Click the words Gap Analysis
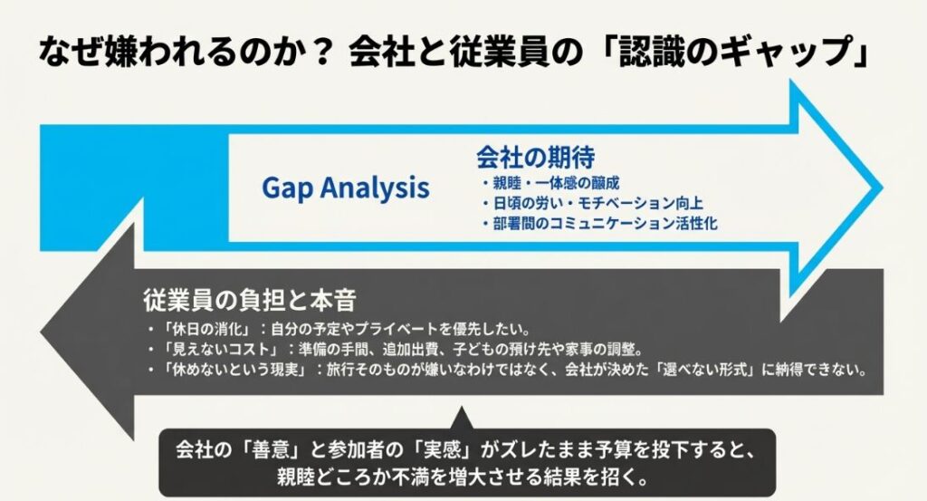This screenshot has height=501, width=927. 345,188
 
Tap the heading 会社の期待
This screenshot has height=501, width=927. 535,157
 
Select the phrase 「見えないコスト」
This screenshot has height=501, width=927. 214,349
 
